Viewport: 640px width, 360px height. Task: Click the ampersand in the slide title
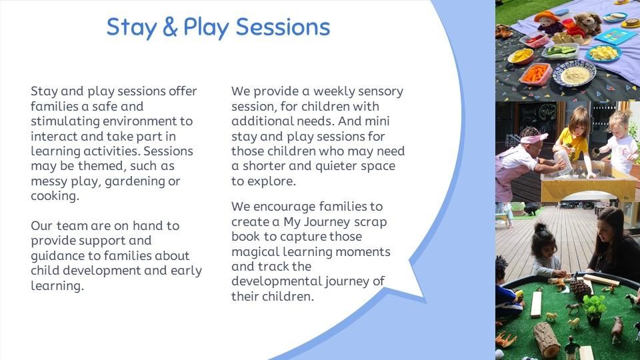point(170,27)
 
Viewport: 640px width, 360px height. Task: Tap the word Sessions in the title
point(283,27)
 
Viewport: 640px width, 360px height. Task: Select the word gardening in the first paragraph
point(135,181)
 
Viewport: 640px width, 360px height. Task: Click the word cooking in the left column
point(53,196)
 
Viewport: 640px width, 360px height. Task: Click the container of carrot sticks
point(535,74)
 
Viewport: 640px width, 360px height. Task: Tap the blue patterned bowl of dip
point(575,73)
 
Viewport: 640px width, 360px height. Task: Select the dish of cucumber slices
point(559,51)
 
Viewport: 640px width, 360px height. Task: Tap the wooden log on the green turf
point(546,339)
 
